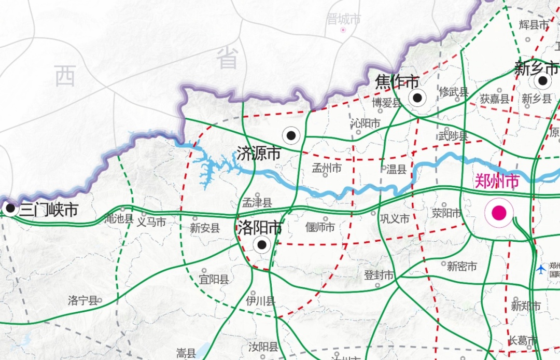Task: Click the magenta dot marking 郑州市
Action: [499, 213]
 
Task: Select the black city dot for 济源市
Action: [291, 135]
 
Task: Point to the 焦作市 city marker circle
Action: [417, 98]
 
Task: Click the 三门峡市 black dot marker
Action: [10, 209]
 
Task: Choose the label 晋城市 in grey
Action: [343, 20]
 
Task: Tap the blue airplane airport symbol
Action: [541, 268]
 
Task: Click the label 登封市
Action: [379, 275]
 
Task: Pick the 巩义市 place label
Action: [395, 218]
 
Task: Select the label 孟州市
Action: [327, 168]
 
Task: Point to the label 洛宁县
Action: [82, 300]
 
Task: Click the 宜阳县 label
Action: [214, 280]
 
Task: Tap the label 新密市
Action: [461, 266]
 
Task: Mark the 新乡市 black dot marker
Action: [542, 80]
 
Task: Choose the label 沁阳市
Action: [365, 123]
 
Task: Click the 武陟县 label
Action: [453, 136]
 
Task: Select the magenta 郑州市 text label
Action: [497, 181]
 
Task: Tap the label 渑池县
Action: [119, 218]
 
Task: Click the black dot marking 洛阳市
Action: [262, 244]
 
